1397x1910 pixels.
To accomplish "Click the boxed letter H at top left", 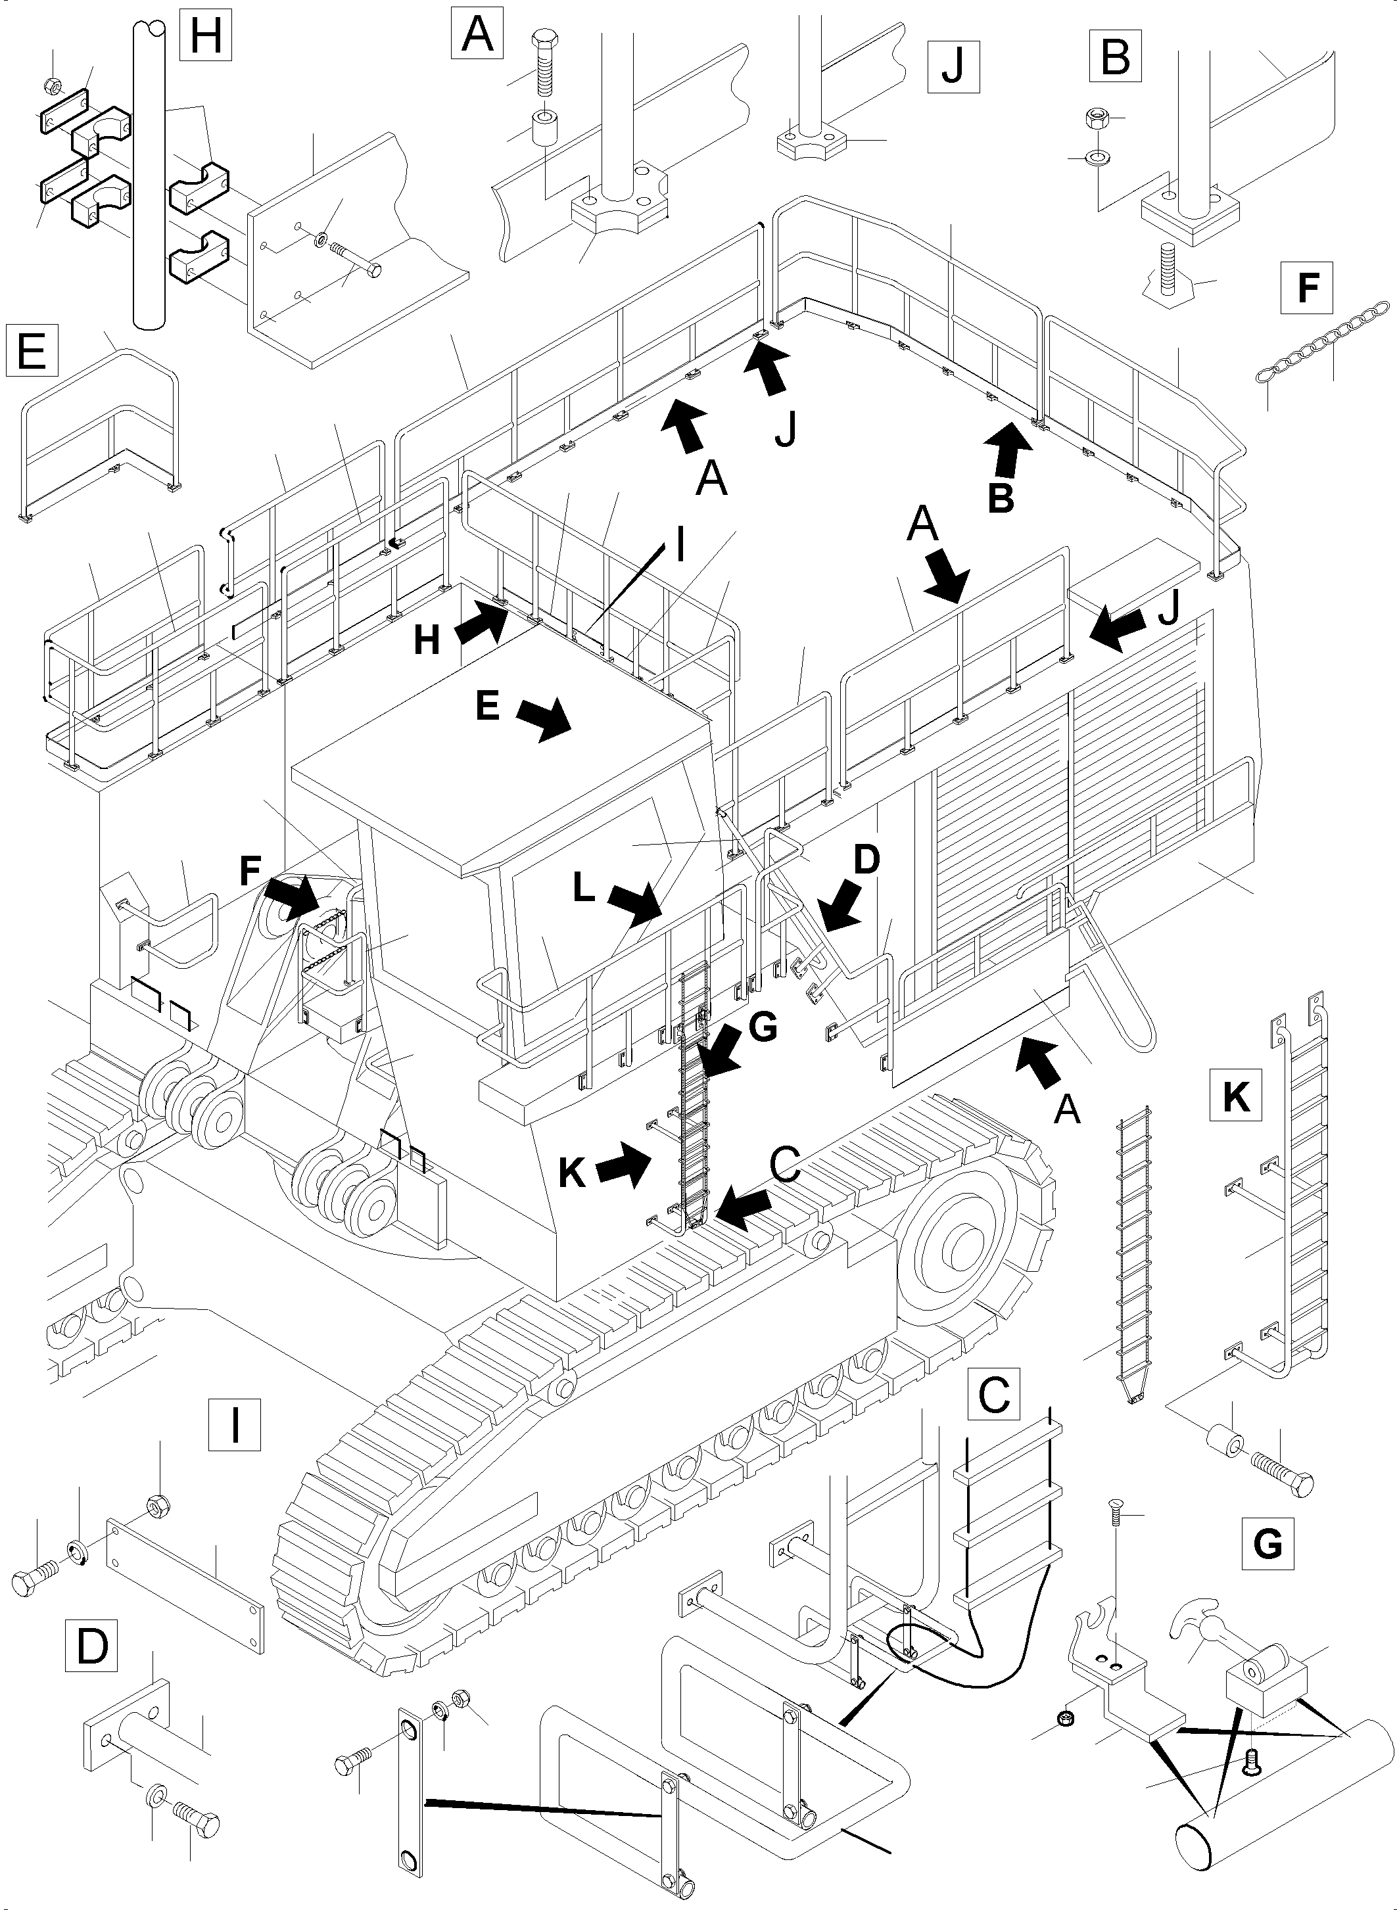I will (206, 38).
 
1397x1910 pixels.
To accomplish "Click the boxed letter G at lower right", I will (1267, 1544).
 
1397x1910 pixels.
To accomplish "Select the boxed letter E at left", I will (32, 349).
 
